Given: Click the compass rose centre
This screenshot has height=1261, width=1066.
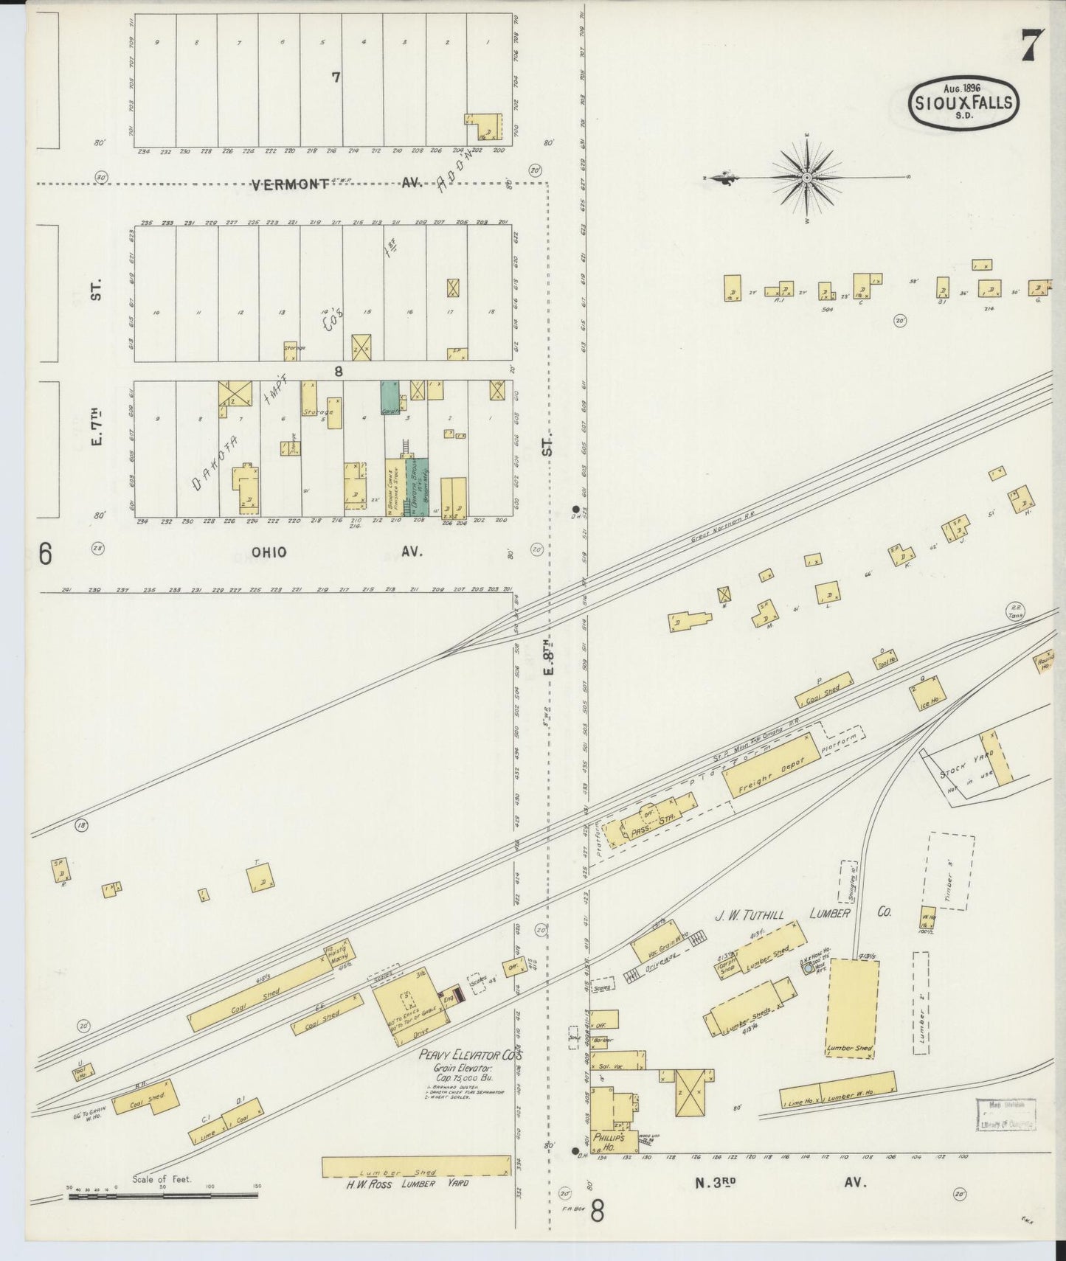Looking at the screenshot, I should [807, 178].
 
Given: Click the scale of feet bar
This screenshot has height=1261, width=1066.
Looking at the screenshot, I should [162, 1195].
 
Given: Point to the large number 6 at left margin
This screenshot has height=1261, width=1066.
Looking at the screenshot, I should [45, 553].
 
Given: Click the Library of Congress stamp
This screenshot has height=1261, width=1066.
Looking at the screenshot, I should [1008, 1114].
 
